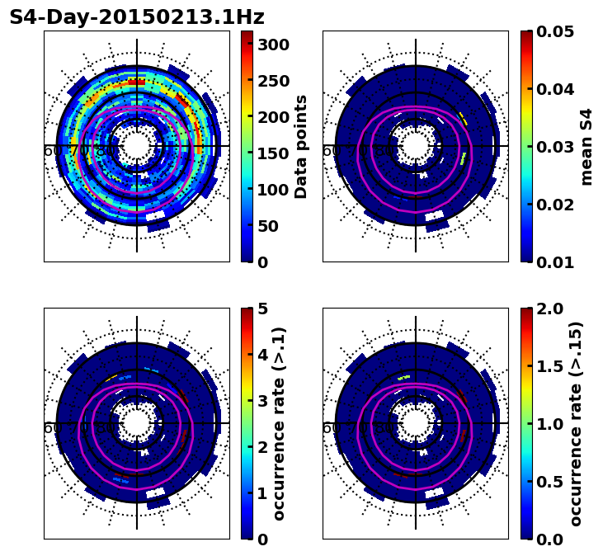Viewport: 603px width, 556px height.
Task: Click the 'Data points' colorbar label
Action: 301,147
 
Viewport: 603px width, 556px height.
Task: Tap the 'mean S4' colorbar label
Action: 587,147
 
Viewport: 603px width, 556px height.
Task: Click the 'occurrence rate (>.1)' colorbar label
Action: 279,424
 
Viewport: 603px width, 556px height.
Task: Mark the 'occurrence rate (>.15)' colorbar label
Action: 575,424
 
